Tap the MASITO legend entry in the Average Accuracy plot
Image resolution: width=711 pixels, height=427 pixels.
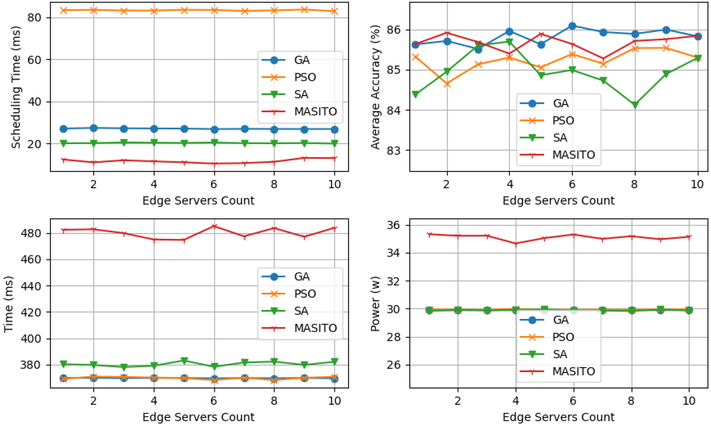click(x=573, y=155)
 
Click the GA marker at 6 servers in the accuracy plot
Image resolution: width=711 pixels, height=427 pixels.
click(x=572, y=26)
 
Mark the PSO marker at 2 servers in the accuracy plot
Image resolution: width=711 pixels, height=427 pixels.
click(x=447, y=84)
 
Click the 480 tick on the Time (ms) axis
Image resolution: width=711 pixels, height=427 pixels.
click(x=31, y=233)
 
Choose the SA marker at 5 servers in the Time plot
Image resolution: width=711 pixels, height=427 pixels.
click(x=184, y=361)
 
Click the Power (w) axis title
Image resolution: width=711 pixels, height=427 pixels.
click(x=375, y=304)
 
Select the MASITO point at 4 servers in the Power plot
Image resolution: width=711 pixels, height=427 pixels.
click(x=516, y=244)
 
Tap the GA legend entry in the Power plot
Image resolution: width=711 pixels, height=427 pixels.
click(x=560, y=320)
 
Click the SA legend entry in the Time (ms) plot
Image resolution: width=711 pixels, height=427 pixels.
click(x=301, y=311)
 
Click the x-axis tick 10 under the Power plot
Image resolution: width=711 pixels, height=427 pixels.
click(x=689, y=401)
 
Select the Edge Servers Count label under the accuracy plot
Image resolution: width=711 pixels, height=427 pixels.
click(x=558, y=201)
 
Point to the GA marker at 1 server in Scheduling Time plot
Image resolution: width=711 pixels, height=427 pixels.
click(x=64, y=129)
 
